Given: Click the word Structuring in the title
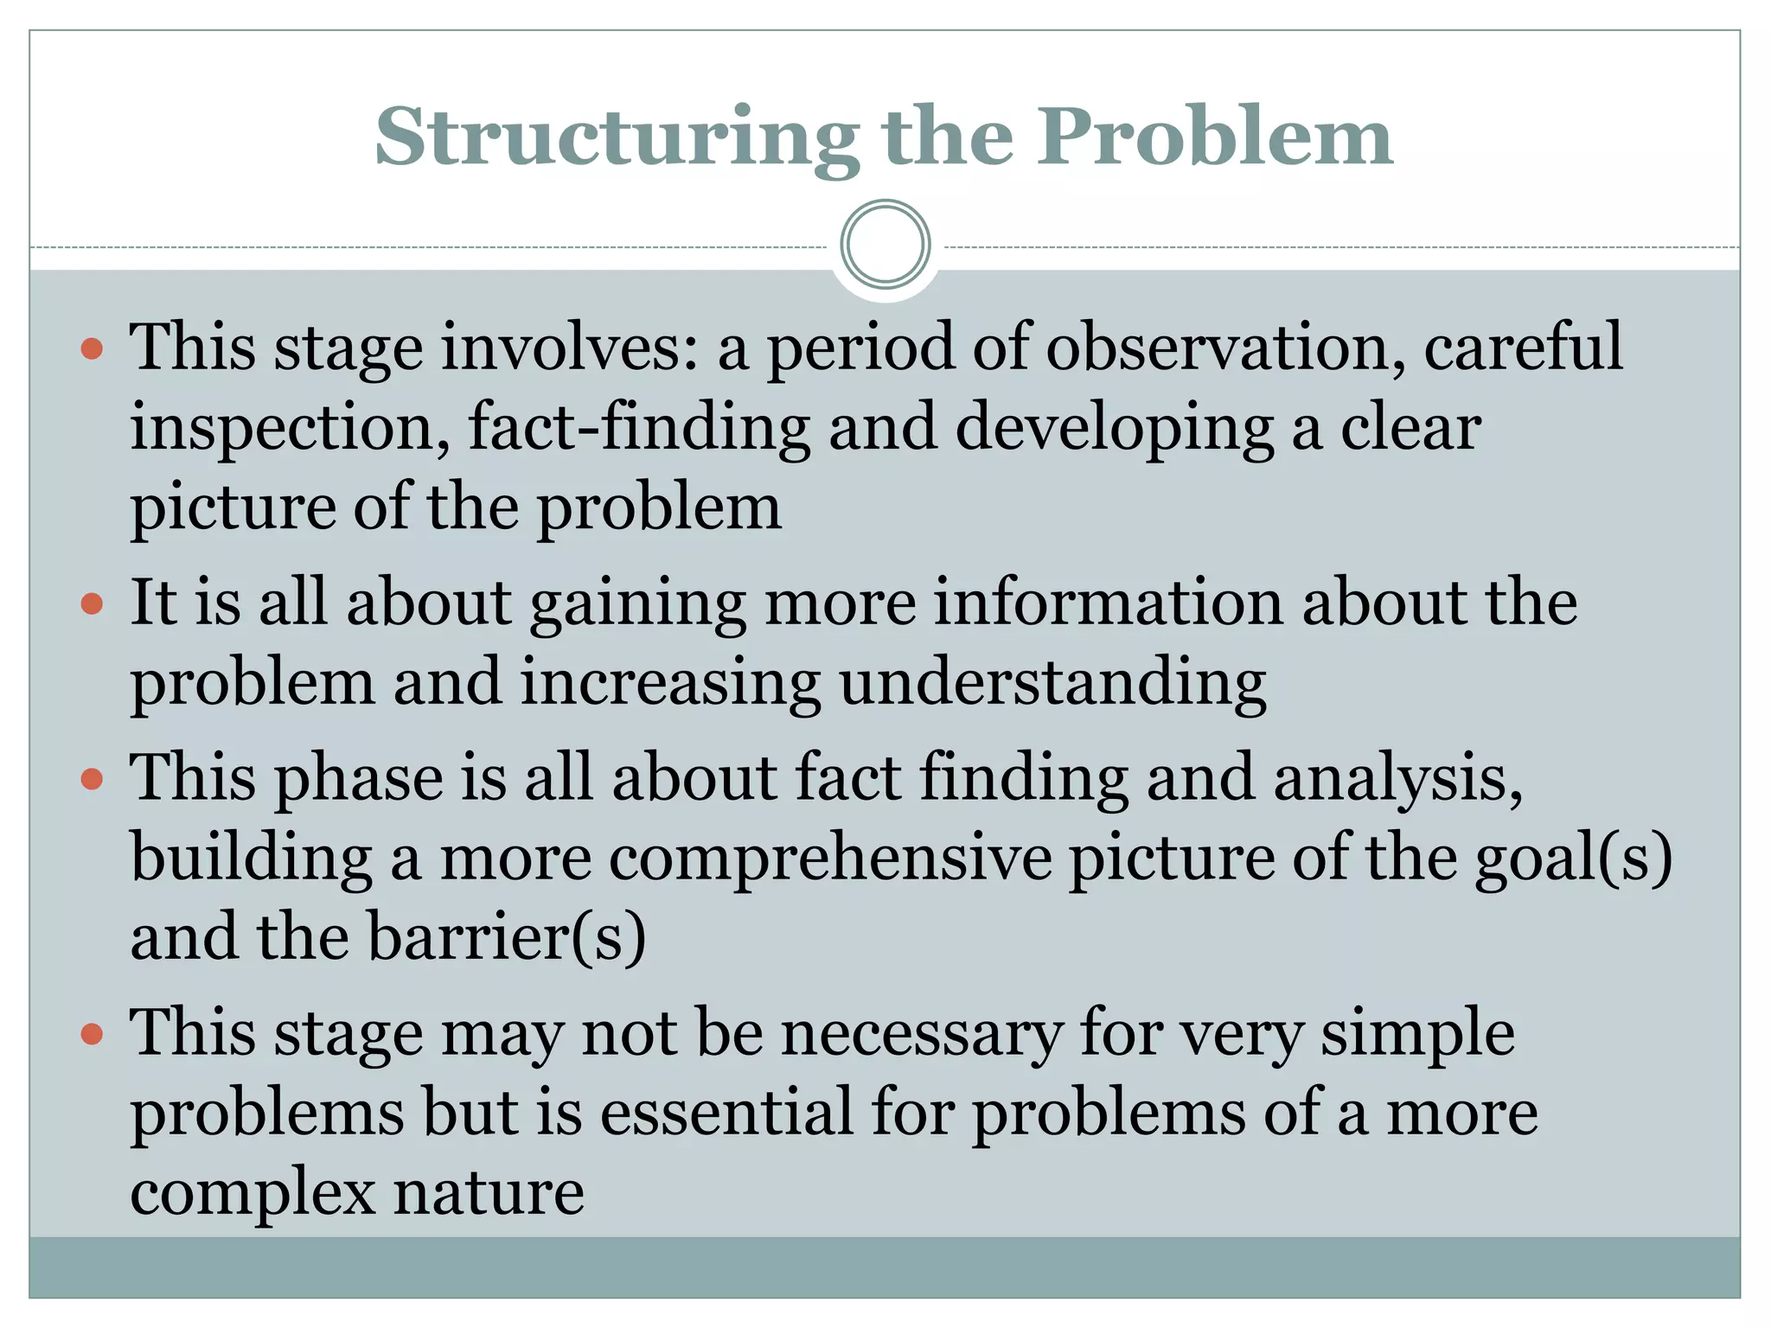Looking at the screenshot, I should (x=617, y=138).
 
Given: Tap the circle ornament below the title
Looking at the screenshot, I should (x=885, y=244).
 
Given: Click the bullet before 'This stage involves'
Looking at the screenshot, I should (x=92, y=349).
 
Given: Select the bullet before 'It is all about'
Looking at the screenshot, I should (x=92, y=603).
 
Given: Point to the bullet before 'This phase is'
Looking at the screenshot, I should (x=92, y=779).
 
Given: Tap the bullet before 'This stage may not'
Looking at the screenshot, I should (x=92, y=1033).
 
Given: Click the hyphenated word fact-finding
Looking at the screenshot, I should (x=639, y=427).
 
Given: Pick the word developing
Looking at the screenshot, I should (x=1114, y=429).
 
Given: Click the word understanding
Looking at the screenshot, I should (x=1052, y=684).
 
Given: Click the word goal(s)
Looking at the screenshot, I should (x=1573, y=859).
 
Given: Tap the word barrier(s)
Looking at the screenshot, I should (x=507, y=937).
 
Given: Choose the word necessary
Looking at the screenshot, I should (x=922, y=1034).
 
